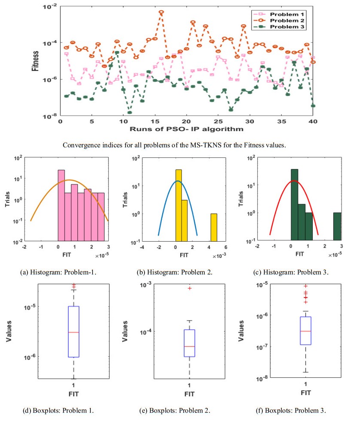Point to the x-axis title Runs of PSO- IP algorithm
click(x=186, y=129)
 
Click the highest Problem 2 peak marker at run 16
click(x=161, y=12)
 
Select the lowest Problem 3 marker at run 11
click(x=129, y=113)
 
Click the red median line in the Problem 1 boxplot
click(x=74, y=332)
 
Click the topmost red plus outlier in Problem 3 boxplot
click(x=305, y=286)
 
